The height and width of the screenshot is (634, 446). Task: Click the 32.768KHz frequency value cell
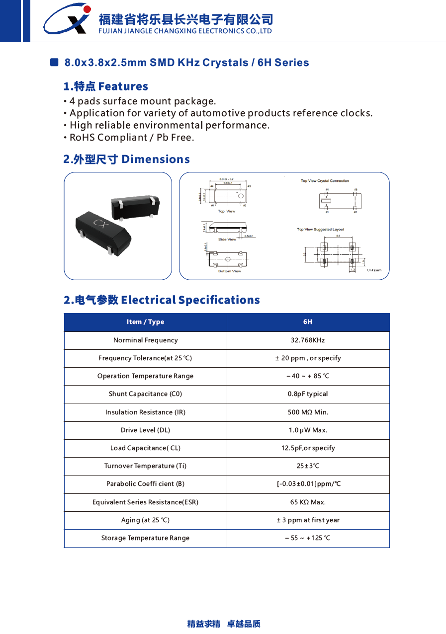point(308,340)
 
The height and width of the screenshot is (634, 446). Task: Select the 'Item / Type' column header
point(145,322)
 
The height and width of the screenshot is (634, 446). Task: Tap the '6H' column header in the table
point(308,322)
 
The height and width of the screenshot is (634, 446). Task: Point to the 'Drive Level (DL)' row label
point(145,430)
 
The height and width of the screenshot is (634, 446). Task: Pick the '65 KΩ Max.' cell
point(308,502)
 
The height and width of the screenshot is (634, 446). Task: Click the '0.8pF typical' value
point(308,394)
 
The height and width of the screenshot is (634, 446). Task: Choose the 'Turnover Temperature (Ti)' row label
point(145,466)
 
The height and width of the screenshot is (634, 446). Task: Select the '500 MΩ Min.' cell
point(308,412)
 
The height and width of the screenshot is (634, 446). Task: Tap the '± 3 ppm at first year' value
point(308,520)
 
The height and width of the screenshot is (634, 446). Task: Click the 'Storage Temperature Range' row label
point(145,538)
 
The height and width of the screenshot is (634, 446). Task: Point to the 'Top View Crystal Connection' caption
point(325,181)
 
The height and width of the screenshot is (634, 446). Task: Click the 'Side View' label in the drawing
point(227,239)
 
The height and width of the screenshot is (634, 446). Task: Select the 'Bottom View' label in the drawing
point(229,271)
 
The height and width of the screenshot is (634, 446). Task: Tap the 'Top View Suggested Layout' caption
point(320,230)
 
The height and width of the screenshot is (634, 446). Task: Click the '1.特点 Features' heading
point(106,86)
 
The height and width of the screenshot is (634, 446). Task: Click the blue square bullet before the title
point(55,63)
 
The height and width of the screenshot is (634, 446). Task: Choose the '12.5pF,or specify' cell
point(308,448)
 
